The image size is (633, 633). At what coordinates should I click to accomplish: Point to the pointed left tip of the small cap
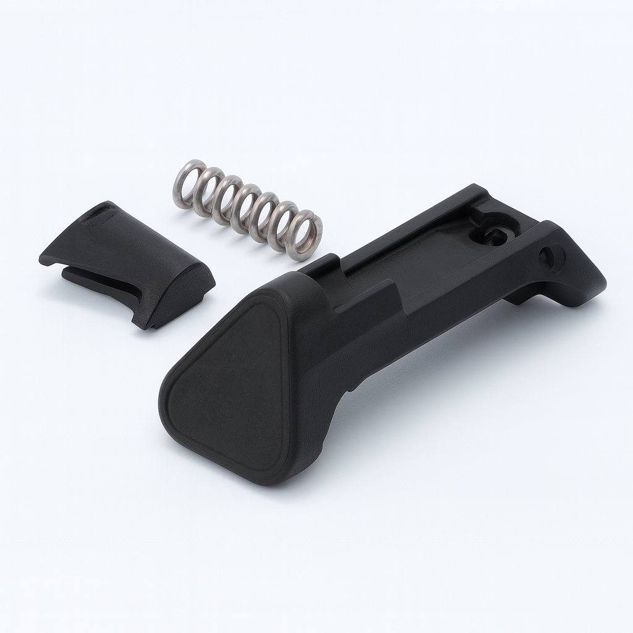pos(43,258)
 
